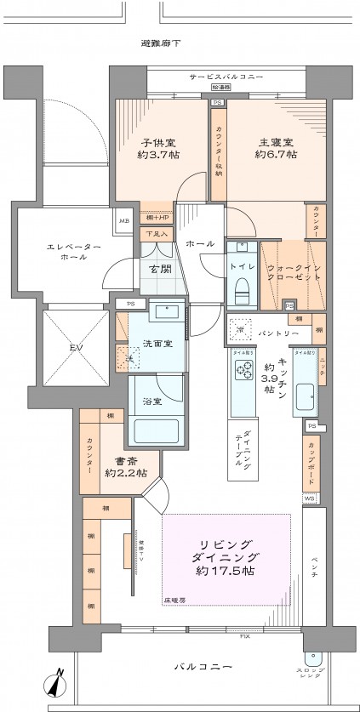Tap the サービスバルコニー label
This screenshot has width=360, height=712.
tap(226, 77)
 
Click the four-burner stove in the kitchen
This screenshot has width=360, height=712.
tap(244, 370)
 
